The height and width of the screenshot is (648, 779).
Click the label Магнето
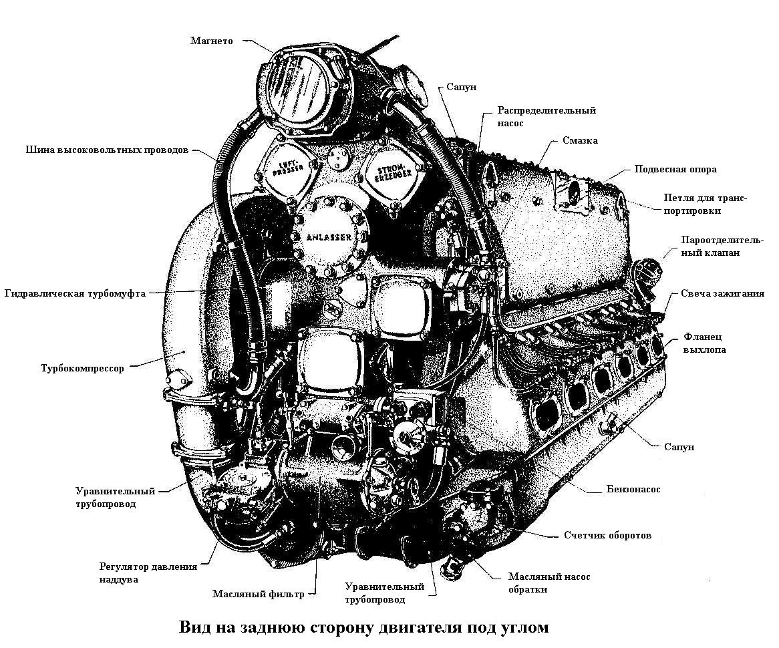(211, 41)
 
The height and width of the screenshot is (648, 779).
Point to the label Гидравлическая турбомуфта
(74, 293)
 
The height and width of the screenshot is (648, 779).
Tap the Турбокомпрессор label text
(82, 368)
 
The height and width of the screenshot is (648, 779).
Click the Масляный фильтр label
(258, 594)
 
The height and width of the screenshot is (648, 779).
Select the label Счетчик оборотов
(607, 536)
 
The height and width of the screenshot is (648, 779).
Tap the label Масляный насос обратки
(549, 583)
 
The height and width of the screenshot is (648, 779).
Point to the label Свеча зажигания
(722, 294)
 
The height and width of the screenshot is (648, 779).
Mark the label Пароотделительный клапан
(722, 247)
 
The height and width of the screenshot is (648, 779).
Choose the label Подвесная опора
(675, 169)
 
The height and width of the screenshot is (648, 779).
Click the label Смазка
(580, 141)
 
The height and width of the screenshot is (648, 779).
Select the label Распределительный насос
(546, 117)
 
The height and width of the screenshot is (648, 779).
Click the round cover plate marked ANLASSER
(329, 236)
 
